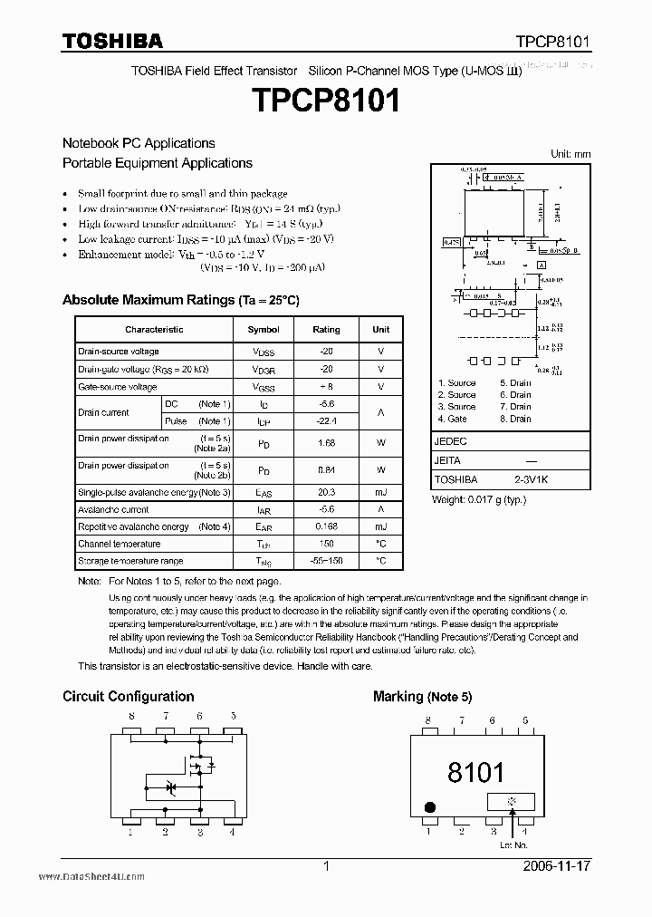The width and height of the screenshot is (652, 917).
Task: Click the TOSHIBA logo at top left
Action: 112,41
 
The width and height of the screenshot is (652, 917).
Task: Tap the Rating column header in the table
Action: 326,330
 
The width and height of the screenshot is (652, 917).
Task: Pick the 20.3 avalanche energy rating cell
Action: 326,492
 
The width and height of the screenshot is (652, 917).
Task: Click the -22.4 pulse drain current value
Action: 326,421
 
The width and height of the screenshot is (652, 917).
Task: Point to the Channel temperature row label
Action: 119,544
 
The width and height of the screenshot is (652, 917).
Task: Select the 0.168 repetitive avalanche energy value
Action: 326,526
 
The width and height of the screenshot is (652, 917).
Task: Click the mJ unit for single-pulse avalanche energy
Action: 380,492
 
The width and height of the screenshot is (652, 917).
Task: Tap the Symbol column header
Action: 264,330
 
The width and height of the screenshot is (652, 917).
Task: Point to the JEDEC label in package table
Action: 452,442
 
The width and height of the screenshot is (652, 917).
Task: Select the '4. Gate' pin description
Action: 453,419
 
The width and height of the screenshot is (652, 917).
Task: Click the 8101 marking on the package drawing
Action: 475,772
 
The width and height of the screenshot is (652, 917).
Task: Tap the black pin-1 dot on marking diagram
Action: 431,806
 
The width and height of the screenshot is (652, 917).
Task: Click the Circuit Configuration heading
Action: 128,696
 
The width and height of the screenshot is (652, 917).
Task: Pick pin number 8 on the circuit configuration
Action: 131,716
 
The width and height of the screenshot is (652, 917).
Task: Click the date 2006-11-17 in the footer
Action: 557,867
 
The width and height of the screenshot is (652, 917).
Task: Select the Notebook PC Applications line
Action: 139,143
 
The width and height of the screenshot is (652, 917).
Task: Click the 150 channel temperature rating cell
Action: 326,544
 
